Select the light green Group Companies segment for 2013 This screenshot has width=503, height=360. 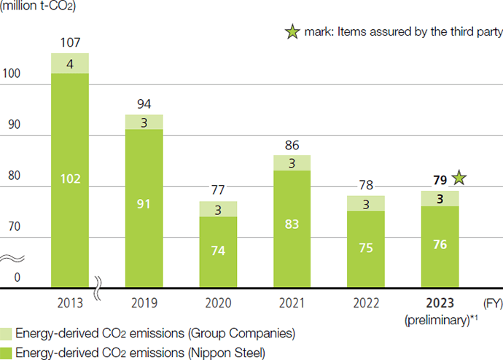coord(70,63)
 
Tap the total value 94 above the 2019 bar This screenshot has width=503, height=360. coord(144,105)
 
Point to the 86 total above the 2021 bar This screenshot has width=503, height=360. coord(292,145)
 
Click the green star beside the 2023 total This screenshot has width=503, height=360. coord(458,177)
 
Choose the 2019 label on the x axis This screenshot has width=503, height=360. coord(144,302)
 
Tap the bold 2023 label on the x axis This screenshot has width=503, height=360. coord(440,302)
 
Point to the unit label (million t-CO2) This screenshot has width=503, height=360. coord(41,8)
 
